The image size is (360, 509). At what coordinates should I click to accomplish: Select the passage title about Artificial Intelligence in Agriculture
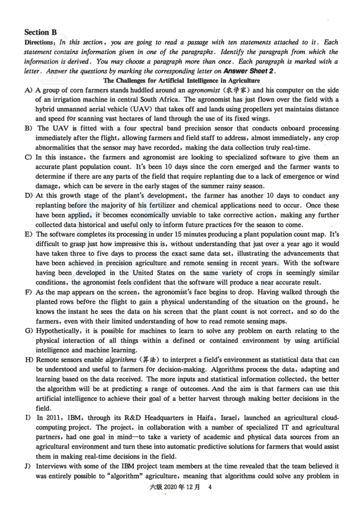[182, 81]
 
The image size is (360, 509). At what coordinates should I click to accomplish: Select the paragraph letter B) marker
[28, 129]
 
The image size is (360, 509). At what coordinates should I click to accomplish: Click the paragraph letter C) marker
[28, 157]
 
